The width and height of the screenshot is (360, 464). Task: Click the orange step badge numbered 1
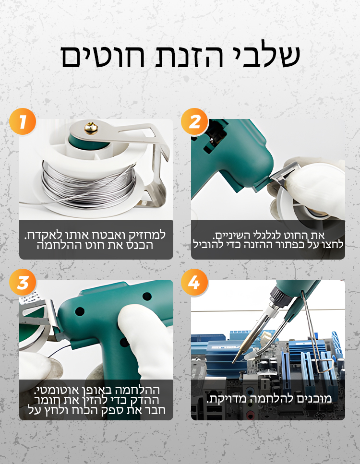(23, 121)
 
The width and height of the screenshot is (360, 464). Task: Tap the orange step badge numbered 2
(194, 121)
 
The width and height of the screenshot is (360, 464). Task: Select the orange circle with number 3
(23, 282)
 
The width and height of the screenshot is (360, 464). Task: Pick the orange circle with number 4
(194, 282)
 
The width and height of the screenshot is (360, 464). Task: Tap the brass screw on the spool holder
(91, 129)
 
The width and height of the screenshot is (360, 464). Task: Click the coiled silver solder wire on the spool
(89, 183)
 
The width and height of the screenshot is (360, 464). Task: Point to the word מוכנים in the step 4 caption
(315, 399)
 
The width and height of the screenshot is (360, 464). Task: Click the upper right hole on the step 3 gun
(147, 296)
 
